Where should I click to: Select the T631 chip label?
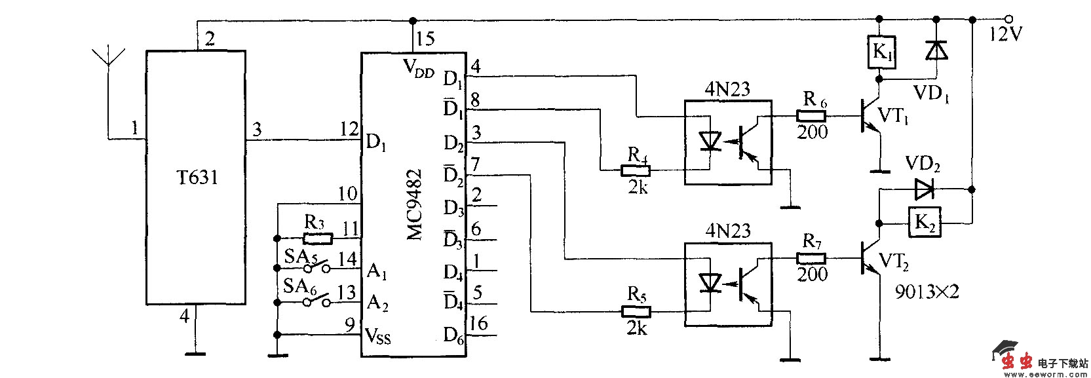click(x=196, y=178)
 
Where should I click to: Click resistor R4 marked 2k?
click(x=635, y=171)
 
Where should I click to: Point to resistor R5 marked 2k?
click(x=635, y=312)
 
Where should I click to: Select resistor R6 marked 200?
click(x=811, y=117)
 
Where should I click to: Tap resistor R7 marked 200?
click(x=811, y=257)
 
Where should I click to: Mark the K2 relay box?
click(x=925, y=223)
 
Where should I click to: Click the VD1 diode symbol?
click(x=936, y=50)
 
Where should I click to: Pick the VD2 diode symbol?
click(x=924, y=189)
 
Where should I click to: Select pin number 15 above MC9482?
click(x=425, y=39)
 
